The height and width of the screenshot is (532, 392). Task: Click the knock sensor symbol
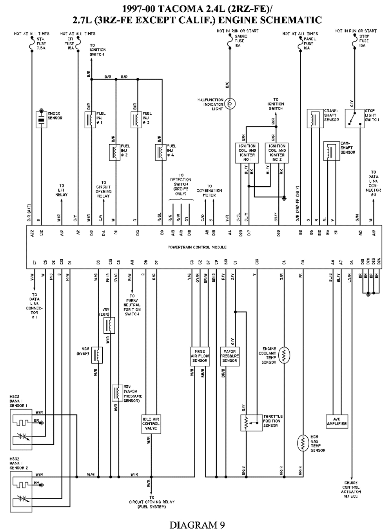point(41,119)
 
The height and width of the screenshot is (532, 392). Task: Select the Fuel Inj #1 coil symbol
point(91,120)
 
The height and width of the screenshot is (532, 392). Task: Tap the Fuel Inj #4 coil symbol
point(161,152)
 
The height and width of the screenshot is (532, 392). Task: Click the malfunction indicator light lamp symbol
point(230,104)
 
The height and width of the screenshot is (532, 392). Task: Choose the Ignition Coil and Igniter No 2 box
point(277,153)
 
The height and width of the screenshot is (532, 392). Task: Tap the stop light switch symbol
point(354,118)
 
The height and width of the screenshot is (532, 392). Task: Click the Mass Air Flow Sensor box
point(200,356)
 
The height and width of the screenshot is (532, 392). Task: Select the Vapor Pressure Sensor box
point(229,356)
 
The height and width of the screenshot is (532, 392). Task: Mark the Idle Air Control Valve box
point(151,424)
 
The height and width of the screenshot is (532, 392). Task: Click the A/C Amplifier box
point(337,421)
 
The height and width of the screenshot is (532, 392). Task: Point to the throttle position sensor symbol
point(247,422)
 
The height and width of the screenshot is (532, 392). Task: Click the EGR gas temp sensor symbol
point(302,444)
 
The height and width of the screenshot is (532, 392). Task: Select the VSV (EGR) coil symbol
point(109,325)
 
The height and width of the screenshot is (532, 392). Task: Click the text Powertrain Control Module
point(197,247)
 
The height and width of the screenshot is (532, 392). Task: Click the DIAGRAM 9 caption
point(197,525)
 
